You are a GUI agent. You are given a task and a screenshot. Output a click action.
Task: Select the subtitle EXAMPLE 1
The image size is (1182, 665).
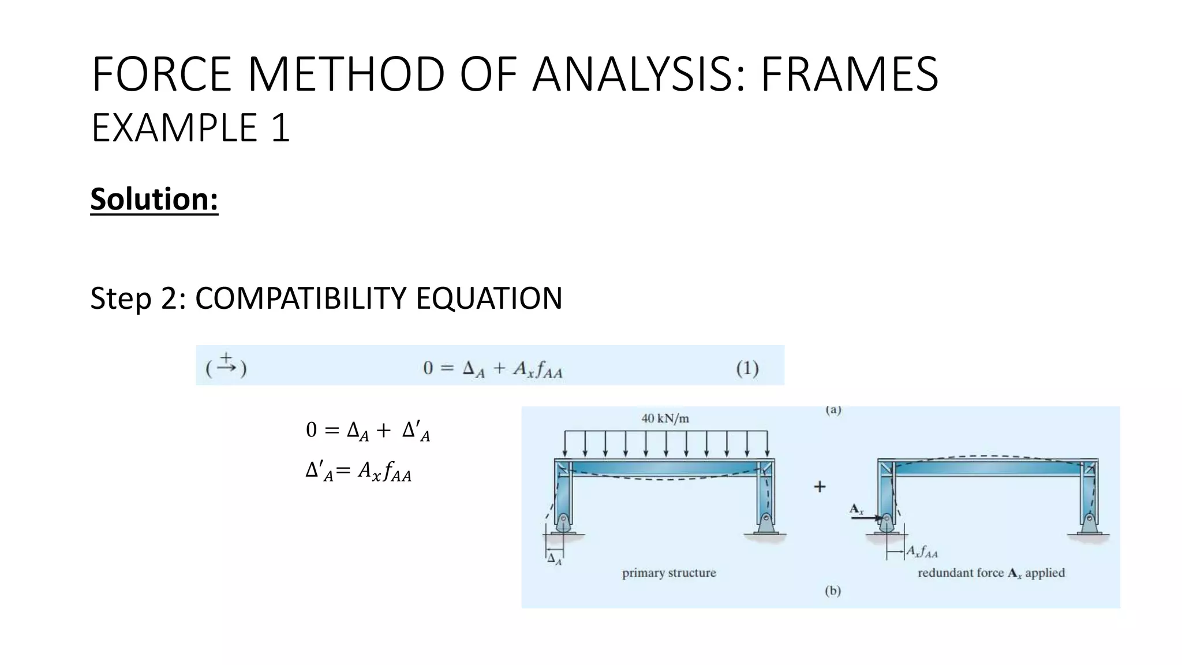(x=190, y=128)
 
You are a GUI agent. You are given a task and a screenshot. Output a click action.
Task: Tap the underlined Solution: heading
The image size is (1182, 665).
(x=154, y=199)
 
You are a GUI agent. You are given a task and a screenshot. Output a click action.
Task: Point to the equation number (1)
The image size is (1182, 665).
(x=747, y=368)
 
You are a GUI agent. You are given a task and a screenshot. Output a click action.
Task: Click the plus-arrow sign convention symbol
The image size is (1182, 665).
(x=226, y=365)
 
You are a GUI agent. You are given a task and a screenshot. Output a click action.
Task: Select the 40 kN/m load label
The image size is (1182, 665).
(x=665, y=419)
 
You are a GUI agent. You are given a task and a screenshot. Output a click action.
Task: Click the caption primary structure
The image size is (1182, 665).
(x=669, y=573)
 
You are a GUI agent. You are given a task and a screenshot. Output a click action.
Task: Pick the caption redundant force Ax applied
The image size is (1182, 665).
(x=991, y=573)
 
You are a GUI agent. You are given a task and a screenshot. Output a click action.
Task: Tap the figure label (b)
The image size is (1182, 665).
(x=833, y=591)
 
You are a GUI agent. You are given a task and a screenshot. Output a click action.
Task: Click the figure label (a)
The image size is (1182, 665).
(x=833, y=410)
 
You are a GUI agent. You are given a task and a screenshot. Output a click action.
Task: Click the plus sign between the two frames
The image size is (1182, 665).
(x=820, y=487)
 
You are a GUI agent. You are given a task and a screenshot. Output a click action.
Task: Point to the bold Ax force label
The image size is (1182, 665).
(x=856, y=509)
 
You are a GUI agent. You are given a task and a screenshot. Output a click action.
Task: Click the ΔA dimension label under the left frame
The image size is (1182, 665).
(x=554, y=559)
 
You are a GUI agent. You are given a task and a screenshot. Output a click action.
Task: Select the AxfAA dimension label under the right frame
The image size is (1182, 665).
(x=922, y=552)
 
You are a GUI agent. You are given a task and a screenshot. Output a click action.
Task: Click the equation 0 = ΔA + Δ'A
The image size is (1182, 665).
(x=368, y=431)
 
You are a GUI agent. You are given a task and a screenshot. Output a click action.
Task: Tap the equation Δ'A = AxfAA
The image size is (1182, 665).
(x=358, y=472)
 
